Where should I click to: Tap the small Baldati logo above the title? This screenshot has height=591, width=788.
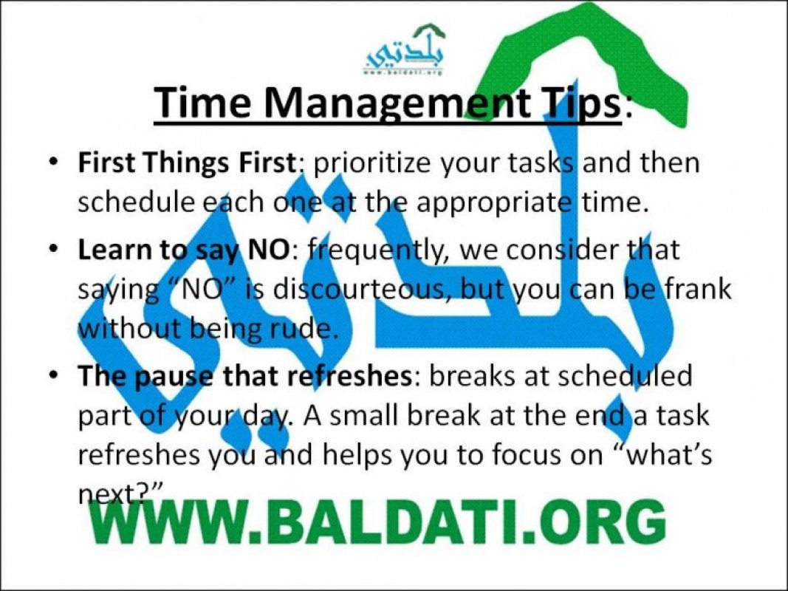point(405,50)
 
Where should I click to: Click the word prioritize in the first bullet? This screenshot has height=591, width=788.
point(372,164)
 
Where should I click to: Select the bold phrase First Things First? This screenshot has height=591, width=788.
point(186,163)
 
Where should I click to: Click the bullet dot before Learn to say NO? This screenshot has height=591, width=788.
point(55,250)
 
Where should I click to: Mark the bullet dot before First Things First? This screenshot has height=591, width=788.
point(55,163)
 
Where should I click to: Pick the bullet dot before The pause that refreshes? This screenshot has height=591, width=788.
point(55,375)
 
